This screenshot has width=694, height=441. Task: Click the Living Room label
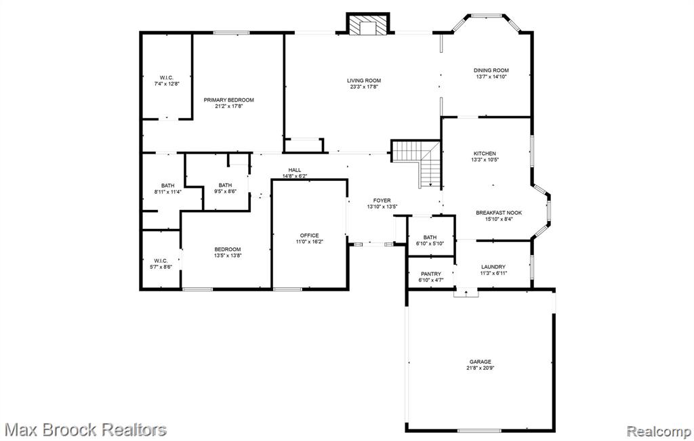click(x=364, y=81)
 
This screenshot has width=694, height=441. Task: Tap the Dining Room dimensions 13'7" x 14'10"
click(x=491, y=77)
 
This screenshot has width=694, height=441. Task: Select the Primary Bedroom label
click(x=229, y=100)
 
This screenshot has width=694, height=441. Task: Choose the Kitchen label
click(x=485, y=154)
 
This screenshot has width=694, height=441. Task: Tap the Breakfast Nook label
click(x=499, y=213)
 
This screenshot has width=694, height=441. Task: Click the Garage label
click(x=481, y=362)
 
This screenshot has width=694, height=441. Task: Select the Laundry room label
click(x=493, y=267)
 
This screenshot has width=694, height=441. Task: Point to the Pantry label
click(x=430, y=274)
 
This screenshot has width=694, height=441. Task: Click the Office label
click(x=309, y=236)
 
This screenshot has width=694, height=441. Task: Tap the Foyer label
click(x=382, y=201)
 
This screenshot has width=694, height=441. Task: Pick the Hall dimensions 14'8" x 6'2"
click(x=295, y=176)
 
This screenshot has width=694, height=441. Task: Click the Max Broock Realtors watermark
click(x=86, y=429)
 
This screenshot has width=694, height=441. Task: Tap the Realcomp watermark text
click(x=659, y=431)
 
